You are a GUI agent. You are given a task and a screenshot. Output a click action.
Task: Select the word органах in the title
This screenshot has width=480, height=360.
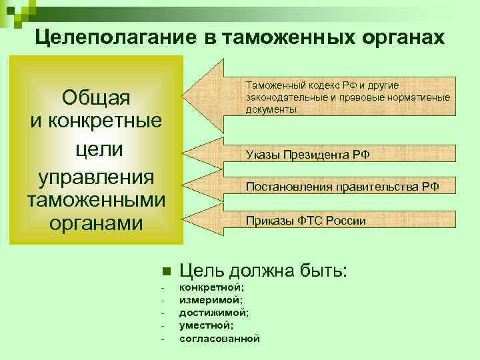[401, 37]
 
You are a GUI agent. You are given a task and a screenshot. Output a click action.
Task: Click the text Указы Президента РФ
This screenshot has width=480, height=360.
[307, 155]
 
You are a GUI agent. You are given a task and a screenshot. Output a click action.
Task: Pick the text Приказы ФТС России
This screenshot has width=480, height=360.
[306, 220]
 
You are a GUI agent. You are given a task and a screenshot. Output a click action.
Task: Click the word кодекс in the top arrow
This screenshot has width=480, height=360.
[327, 86]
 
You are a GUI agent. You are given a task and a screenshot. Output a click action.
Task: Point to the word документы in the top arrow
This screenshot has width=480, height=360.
[271, 109]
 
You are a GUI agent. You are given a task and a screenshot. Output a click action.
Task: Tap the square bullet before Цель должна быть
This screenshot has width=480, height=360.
[166, 272]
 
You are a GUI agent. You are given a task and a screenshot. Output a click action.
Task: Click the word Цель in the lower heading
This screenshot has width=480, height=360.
[203, 271]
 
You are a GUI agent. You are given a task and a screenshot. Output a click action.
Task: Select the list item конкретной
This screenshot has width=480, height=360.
[211, 287]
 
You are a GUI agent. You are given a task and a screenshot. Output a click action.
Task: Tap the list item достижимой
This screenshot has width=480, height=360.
[213, 312]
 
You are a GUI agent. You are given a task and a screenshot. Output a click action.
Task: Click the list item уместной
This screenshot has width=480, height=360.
[206, 325]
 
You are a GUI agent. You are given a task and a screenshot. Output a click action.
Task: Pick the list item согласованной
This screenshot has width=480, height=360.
[219, 338]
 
